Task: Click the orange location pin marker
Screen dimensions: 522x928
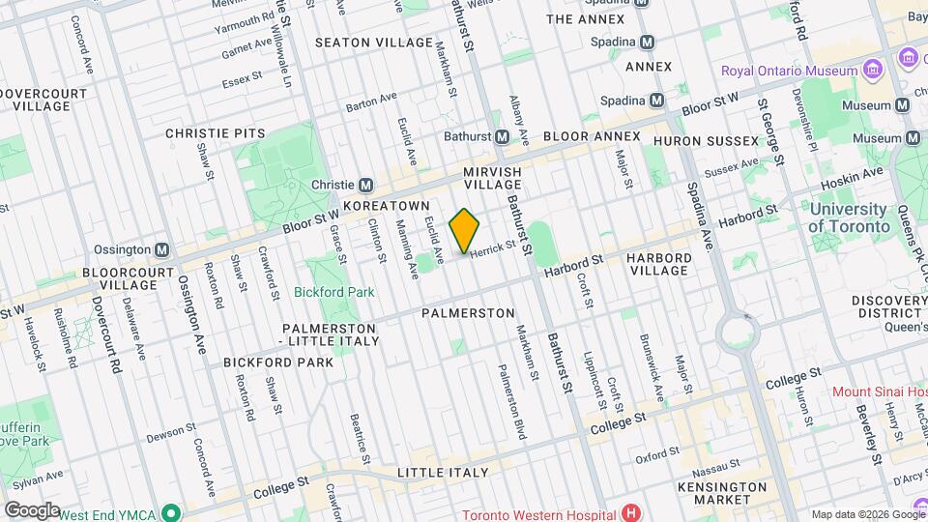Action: click(465, 231)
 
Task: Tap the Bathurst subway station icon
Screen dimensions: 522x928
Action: click(503, 136)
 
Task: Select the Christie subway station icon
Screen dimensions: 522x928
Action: click(366, 186)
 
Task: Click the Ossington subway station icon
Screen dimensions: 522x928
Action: click(162, 249)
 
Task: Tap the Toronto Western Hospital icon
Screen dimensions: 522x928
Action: click(631, 512)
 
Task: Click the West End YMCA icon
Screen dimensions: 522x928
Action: click(171, 511)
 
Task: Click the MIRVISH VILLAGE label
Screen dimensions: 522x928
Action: click(492, 177)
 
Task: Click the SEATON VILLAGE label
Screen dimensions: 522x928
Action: click(374, 43)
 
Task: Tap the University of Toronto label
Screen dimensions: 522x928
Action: click(849, 217)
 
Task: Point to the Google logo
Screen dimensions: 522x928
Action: click(31, 509)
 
